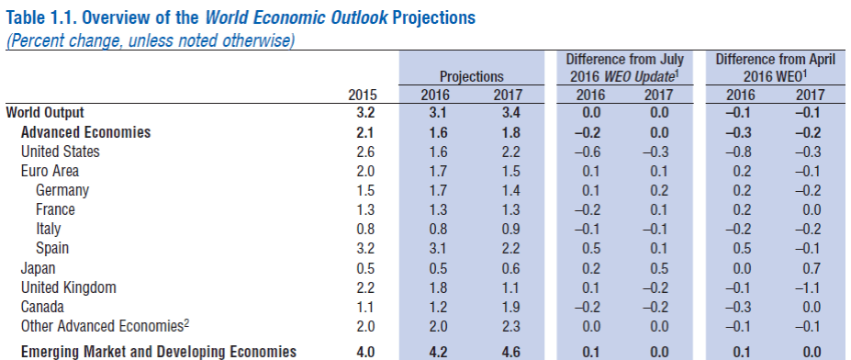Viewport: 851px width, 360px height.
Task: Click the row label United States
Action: coord(60,152)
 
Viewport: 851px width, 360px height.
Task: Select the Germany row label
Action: coord(62,190)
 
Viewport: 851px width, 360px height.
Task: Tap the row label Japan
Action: coord(39,268)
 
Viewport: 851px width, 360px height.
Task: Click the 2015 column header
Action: coord(363,95)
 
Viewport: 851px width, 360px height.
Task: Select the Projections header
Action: coord(472,76)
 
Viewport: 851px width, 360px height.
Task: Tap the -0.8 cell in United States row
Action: coord(740,152)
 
